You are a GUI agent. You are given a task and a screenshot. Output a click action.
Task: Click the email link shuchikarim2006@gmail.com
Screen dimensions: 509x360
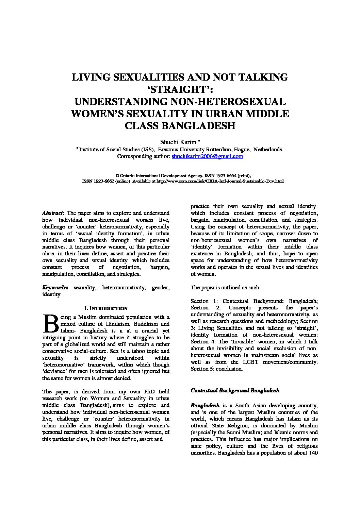pyautogui.click(x=207, y=156)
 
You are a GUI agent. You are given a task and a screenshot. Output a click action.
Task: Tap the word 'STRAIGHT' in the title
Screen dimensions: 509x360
pyautogui.click(x=180, y=89)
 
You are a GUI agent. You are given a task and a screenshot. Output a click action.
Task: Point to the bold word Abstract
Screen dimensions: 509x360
pyautogui.click(x=53, y=213)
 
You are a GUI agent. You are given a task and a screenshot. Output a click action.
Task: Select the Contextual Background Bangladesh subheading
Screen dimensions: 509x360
pyautogui.click(x=235, y=390)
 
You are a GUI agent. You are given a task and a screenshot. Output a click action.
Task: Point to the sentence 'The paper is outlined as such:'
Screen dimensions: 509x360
pyautogui.click(x=226, y=288)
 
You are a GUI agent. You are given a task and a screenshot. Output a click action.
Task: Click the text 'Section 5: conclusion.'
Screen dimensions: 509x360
pyautogui.click(x=217, y=369)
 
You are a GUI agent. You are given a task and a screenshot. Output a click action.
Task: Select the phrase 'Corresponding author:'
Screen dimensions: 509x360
pyautogui.click(x=143, y=156)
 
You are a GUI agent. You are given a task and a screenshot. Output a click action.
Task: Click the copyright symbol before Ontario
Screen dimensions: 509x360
pyautogui.click(x=117, y=176)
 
